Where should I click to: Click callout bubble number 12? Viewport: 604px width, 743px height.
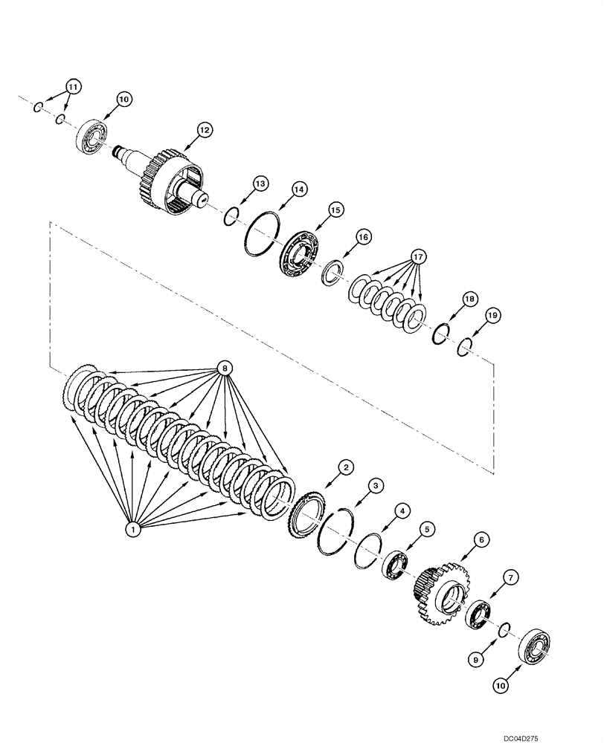(204, 129)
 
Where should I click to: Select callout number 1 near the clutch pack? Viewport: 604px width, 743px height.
(132, 529)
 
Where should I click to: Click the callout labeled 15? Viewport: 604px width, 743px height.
(335, 211)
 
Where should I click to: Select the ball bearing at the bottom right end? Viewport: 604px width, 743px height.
(532, 646)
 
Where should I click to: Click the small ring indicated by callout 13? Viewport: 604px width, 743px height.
(231, 215)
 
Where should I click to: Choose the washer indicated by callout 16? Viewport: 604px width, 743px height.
(332, 272)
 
